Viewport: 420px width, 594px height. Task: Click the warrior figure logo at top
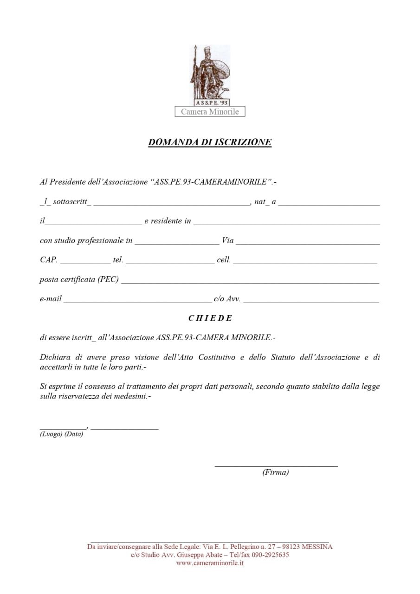(210, 74)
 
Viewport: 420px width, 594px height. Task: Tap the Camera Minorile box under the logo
(210, 112)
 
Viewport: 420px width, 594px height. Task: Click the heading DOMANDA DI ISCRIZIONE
(210, 142)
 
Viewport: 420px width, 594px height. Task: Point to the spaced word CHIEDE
(210, 318)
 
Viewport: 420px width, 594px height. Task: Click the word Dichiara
(55, 357)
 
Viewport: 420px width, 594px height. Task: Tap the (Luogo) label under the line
(51, 434)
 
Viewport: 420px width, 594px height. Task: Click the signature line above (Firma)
(276, 465)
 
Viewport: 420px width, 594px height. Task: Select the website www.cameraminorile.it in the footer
(210, 563)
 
